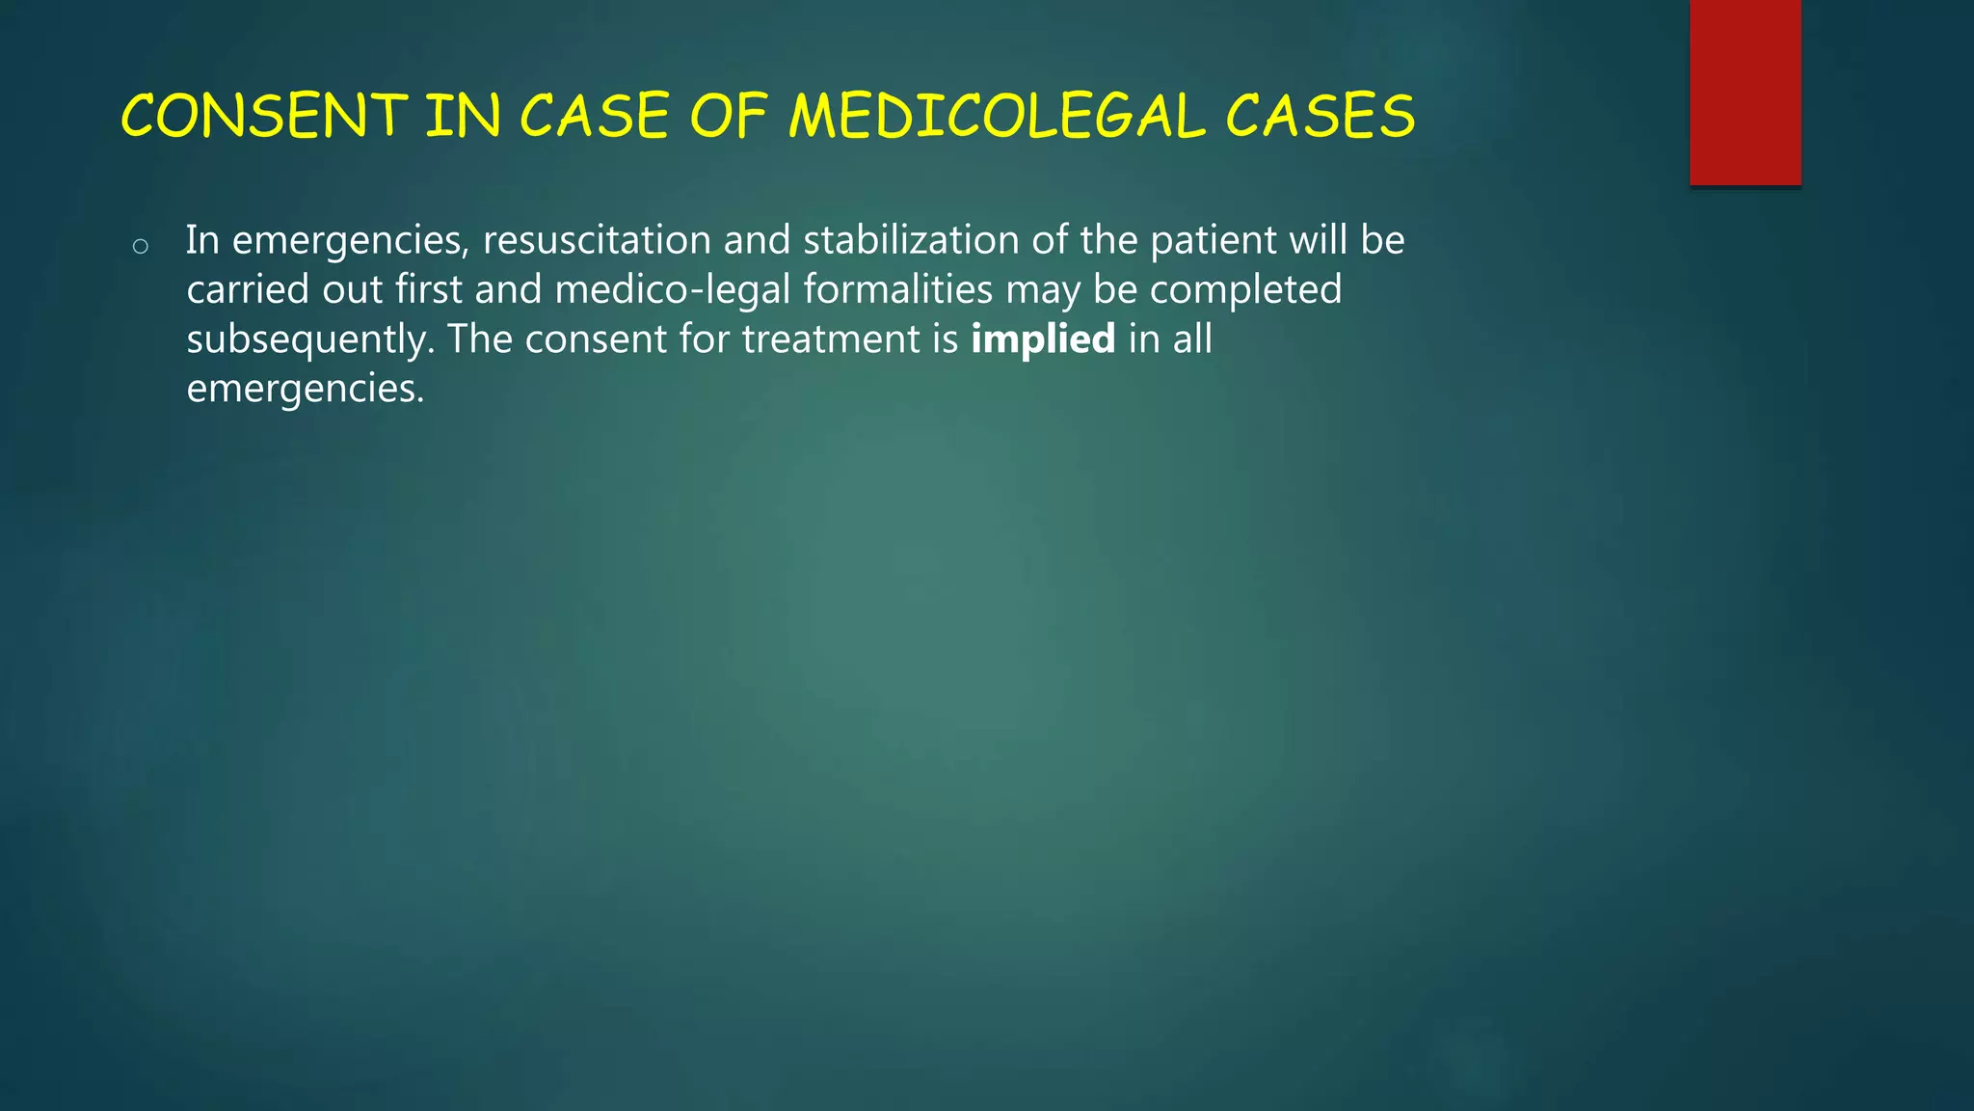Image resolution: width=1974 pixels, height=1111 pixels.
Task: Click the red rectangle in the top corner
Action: (1745, 92)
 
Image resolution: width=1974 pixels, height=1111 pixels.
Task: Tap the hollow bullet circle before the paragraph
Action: (141, 247)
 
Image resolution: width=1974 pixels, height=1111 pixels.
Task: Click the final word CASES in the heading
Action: (1320, 116)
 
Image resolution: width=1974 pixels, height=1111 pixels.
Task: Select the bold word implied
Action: (1043, 339)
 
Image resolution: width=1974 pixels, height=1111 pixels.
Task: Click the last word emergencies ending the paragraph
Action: (305, 389)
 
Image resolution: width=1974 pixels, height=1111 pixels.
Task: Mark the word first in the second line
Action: (428, 289)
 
